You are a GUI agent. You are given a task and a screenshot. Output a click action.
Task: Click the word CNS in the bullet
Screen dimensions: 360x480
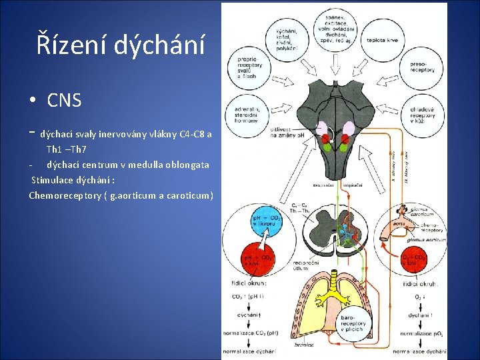[x=64, y=101]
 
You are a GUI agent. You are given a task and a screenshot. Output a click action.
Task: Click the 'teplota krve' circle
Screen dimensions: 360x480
[x=383, y=41]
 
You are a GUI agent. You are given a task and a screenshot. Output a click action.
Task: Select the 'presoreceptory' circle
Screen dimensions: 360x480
[x=422, y=68]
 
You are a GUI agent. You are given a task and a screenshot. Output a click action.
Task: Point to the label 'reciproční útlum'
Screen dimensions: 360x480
[x=306, y=265]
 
